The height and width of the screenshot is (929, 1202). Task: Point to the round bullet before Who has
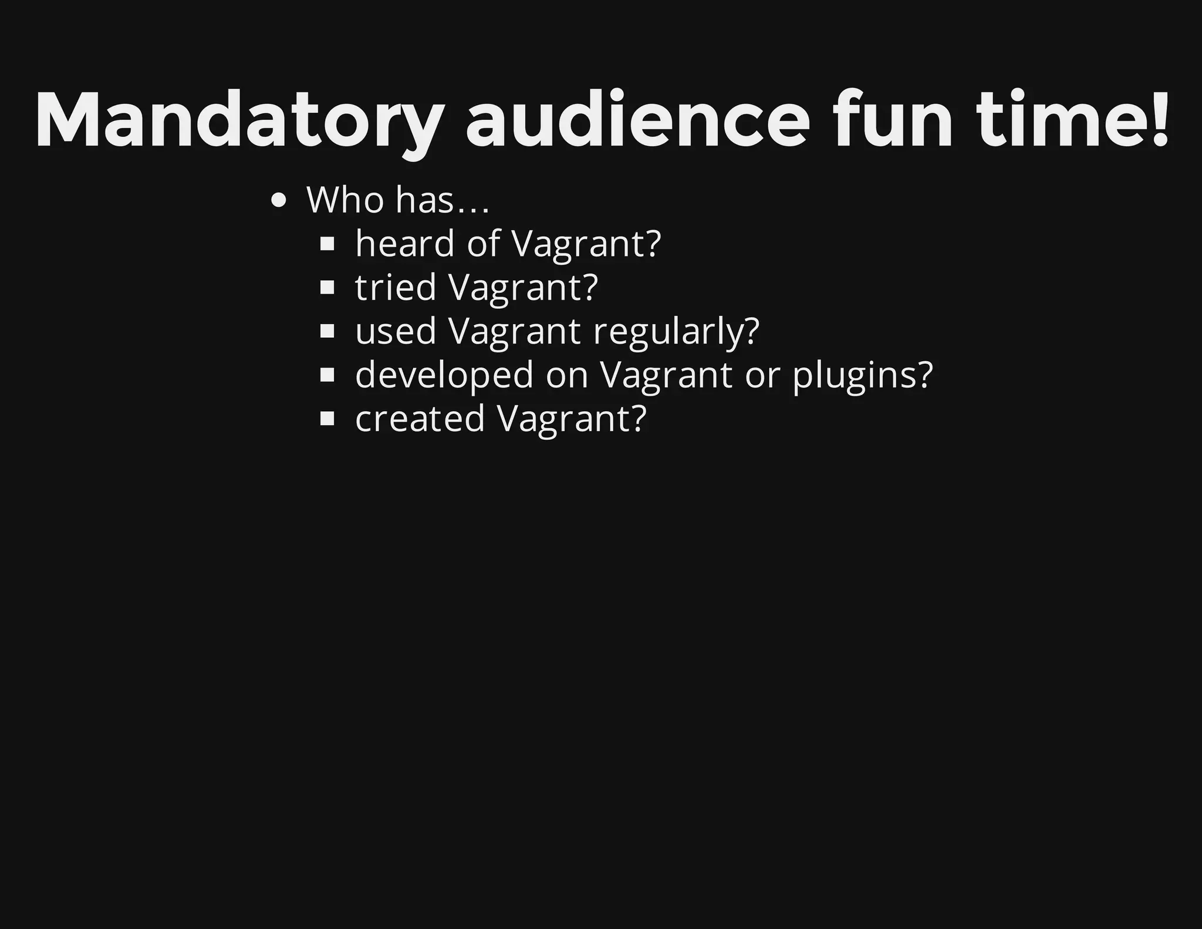(279, 201)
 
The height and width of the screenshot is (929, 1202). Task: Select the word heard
(405, 243)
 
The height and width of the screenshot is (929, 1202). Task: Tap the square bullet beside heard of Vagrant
(327, 244)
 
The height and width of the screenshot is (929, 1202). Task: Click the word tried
(396, 287)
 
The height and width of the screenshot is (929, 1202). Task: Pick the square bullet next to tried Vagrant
(327, 288)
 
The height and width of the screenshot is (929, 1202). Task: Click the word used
(396, 331)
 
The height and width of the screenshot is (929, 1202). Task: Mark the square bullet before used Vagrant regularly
(327, 332)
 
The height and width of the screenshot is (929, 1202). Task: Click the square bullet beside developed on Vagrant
(327, 375)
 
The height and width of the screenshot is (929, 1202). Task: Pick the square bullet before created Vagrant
(327, 419)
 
